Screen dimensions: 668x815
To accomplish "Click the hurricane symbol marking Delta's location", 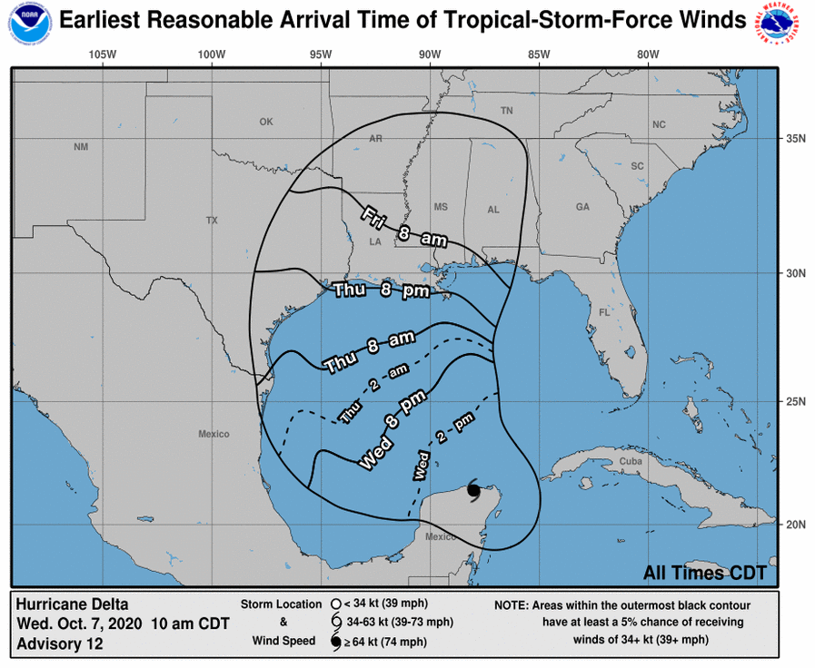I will (x=473, y=490).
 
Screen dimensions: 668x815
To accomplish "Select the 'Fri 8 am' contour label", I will (x=404, y=227).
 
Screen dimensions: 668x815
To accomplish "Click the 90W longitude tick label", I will (x=430, y=54).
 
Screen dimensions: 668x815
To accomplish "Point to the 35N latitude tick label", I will (x=796, y=139).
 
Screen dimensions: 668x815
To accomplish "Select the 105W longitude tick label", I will (x=104, y=54).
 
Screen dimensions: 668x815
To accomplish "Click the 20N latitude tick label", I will (x=796, y=525).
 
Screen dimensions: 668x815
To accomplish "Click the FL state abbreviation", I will (x=603, y=312).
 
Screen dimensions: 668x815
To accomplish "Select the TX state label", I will (x=213, y=221).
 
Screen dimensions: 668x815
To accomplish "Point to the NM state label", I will (x=81, y=147).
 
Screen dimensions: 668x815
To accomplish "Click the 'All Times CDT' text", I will (x=704, y=573).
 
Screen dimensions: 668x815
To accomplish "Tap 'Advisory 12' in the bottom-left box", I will (x=60, y=643).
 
